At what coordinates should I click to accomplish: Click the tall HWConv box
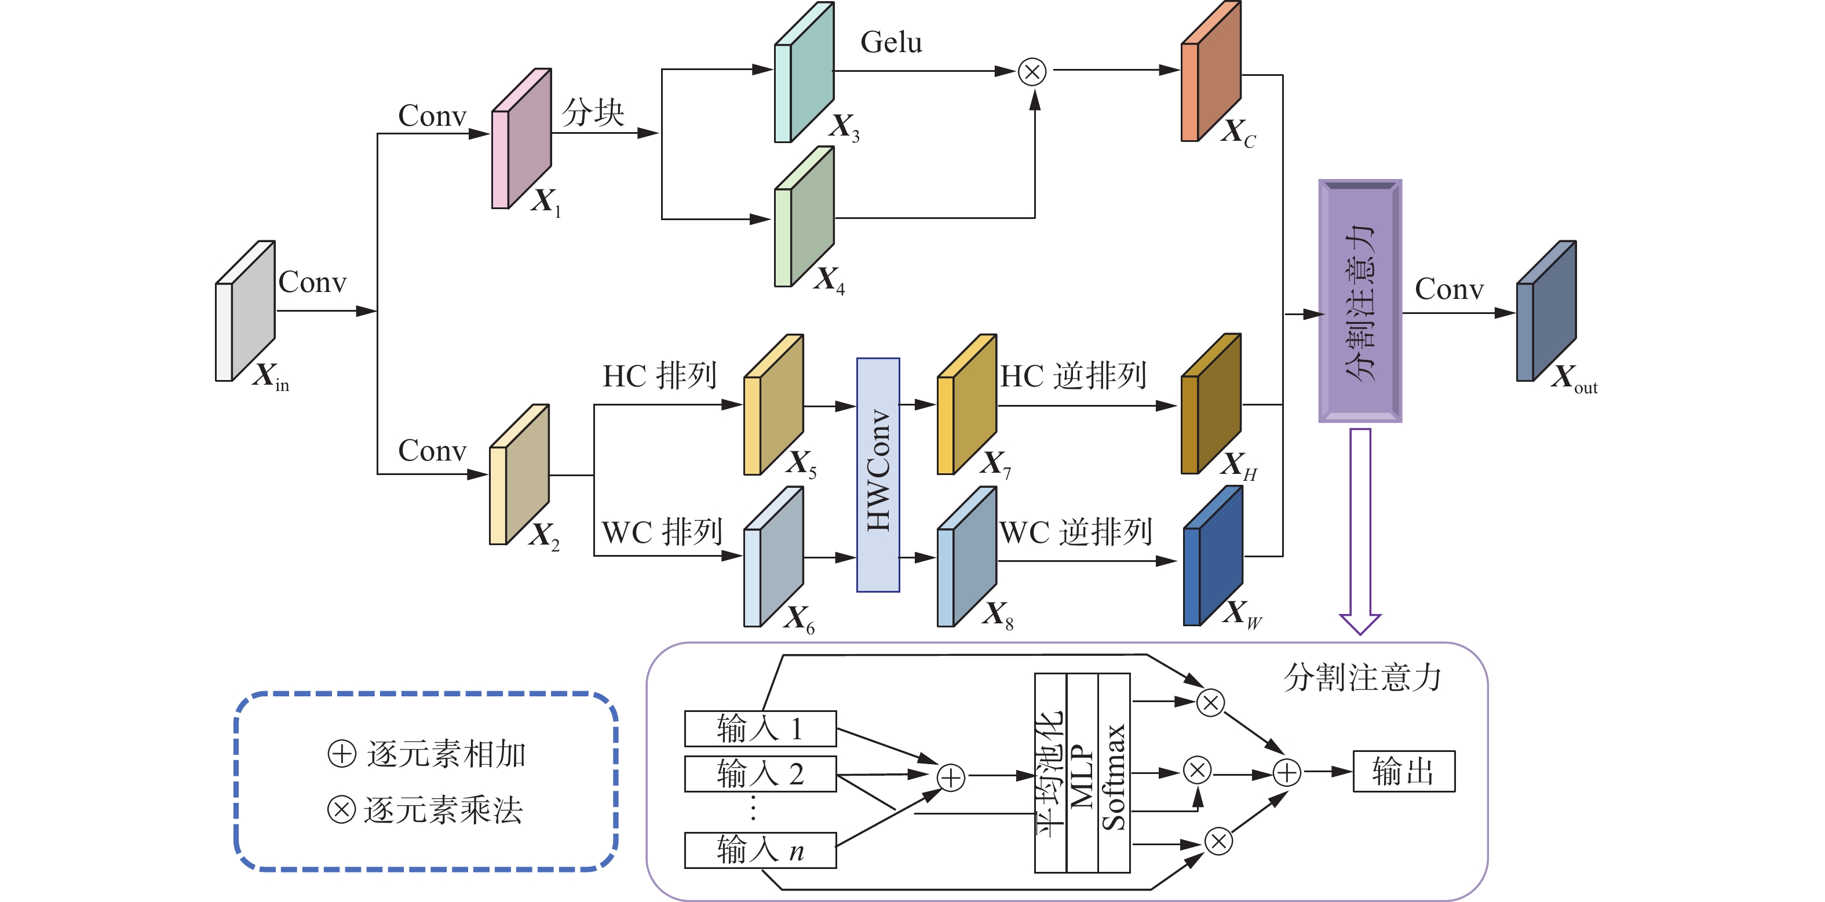(x=878, y=474)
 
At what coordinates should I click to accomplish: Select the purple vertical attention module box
(x=1360, y=301)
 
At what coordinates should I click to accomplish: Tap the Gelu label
(x=891, y=42)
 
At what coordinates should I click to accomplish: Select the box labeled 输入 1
(x=760, y=728)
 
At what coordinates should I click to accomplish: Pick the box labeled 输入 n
(x=760, y=849)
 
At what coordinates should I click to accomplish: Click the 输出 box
(x=1403, y=771)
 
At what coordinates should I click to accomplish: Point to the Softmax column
(x=1114, y=773)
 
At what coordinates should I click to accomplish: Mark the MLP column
(x=1082, y=773)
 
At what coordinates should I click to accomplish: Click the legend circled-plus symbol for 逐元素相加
(x=341, y=753)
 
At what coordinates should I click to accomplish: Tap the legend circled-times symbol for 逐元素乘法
(x=341, y=809)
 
